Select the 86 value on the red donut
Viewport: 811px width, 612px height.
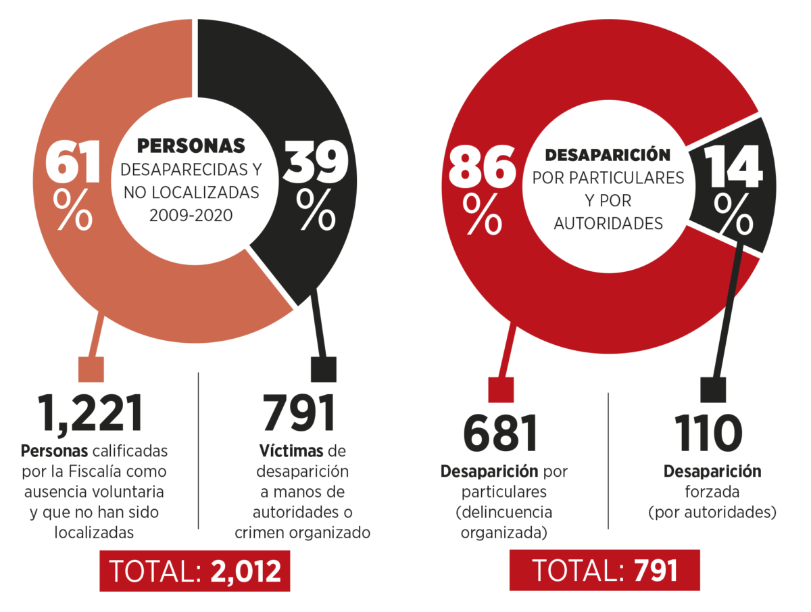481,168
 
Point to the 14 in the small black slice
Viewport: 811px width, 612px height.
734,166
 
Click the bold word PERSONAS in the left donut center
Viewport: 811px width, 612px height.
191,145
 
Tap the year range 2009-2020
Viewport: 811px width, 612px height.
191,215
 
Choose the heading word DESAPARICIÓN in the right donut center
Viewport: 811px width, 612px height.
608,155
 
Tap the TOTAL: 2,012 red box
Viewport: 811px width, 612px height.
195,571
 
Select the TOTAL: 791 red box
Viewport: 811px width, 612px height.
604,571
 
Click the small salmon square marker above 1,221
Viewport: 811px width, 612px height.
91,369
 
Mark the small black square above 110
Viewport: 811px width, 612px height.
713,390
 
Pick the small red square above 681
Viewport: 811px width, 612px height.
501,390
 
